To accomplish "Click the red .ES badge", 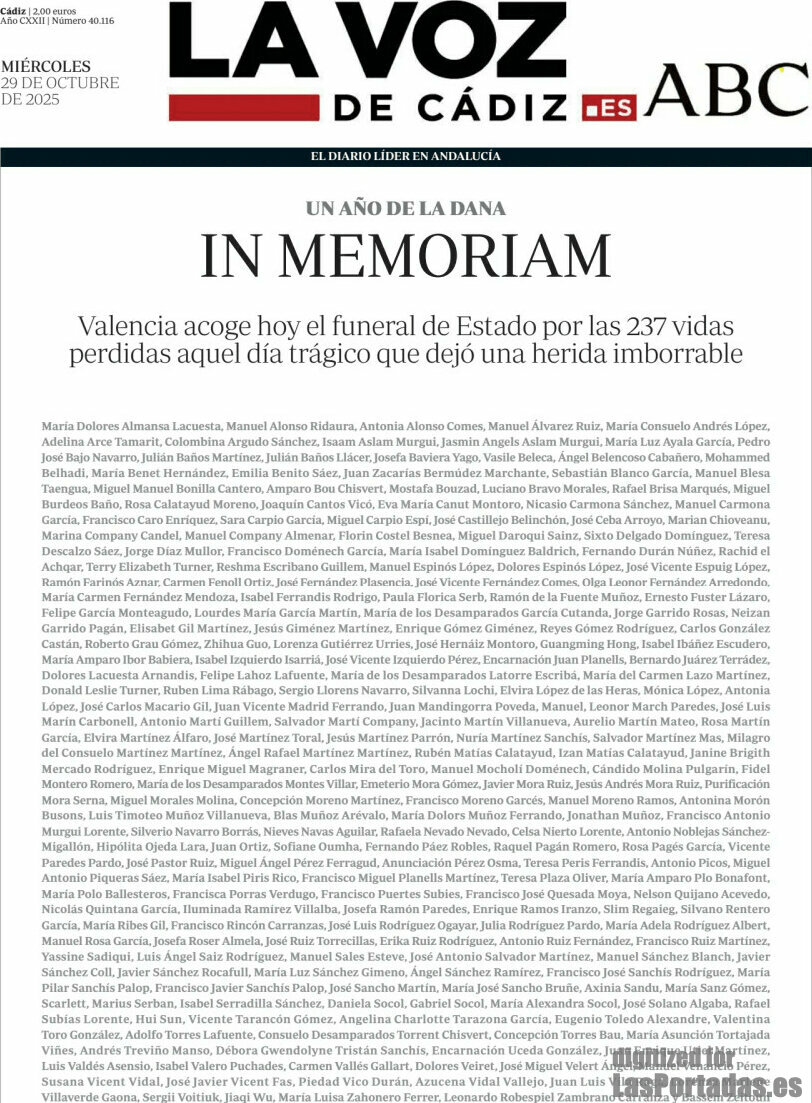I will click(609, 108).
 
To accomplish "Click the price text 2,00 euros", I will click(54, 11).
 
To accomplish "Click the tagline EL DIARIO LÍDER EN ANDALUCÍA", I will click(406, 156).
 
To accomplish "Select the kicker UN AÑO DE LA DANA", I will click(406, 209).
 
